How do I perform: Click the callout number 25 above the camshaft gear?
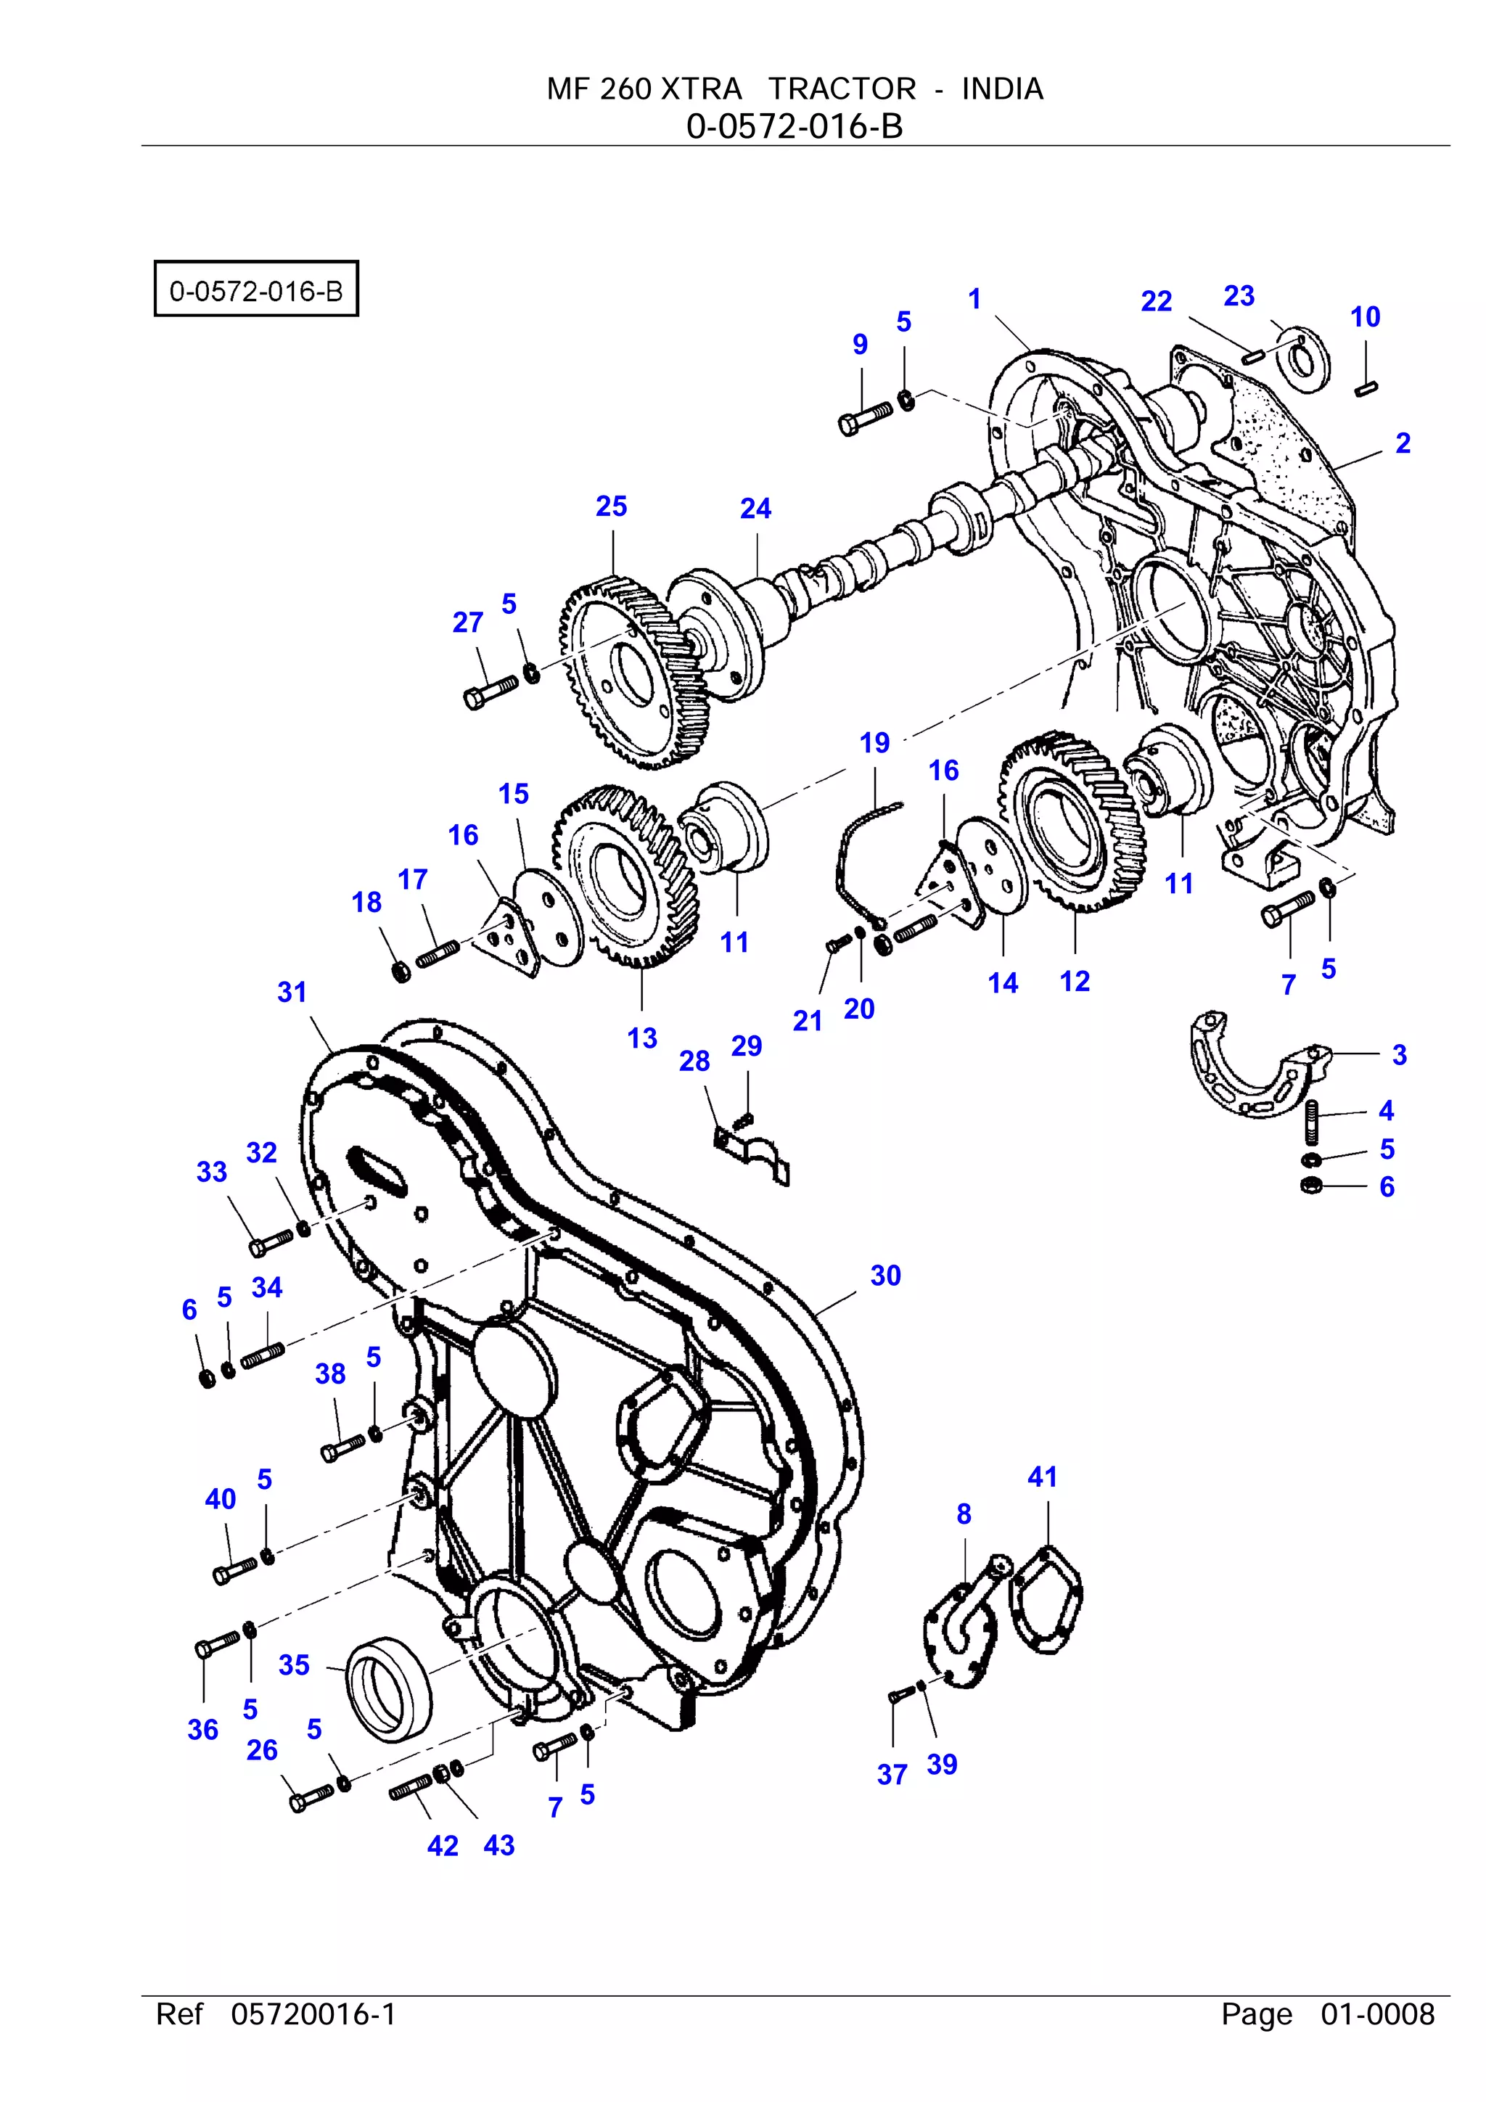tap(611, 506)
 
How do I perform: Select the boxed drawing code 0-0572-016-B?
tap(255, 290)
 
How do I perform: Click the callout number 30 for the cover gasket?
tap(884, 1276)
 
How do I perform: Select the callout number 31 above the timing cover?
tap(291, 991)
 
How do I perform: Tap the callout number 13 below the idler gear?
tap(642, 1038)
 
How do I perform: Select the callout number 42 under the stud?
tap(442, 1846)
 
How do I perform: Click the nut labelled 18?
tap(400, 969)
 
